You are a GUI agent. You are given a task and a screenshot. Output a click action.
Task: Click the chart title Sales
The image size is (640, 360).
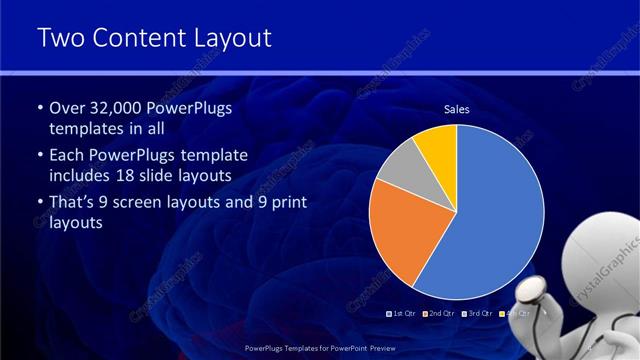(456, 110)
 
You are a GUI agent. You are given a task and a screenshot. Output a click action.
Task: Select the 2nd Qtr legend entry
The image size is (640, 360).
(440, 313)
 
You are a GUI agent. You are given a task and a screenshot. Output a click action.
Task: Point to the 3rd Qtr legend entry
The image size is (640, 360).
(476, 313)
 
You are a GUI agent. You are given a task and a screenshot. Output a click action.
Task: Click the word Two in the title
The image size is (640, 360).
(60, 38)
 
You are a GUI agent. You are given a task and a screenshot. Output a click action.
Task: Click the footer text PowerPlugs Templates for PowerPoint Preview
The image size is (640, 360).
(319, 349)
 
